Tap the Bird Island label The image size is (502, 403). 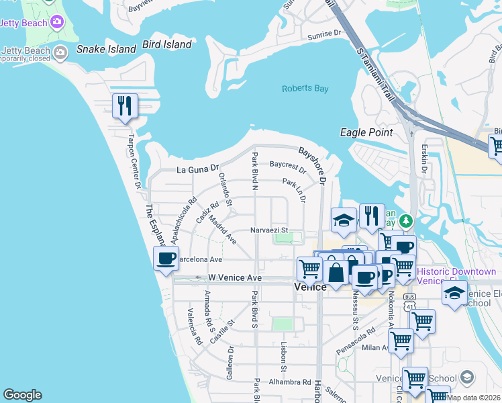pyautogui.click(x=167, y=45)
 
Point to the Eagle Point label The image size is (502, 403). pyautogui.click(x=366, y=132)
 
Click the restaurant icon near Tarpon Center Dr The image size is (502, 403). pyautogui.click(x=125, y=106)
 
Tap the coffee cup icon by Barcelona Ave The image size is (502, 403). pyautogui.click(x=166, y=258)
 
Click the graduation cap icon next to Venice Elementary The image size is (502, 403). pyautogui.click(x=454, y=293)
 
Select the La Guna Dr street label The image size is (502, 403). pyautogui.click(x=198, y=169)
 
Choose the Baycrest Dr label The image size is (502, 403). pyautogui.click(x=287, y=165)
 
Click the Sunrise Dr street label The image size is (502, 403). pyautogui.click(x=325, y=35)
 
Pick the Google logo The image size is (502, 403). pyautogui.click(x=22, y=395)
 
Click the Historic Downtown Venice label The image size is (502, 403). pyautogui.click(x=456, y=276)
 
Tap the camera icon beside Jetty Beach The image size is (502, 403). pyautogui.click(x=57, y=22)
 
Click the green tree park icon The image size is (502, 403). pyautogui.click(x=406, y=220)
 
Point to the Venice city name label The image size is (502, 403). pyautogui.click(x=311, y=287)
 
